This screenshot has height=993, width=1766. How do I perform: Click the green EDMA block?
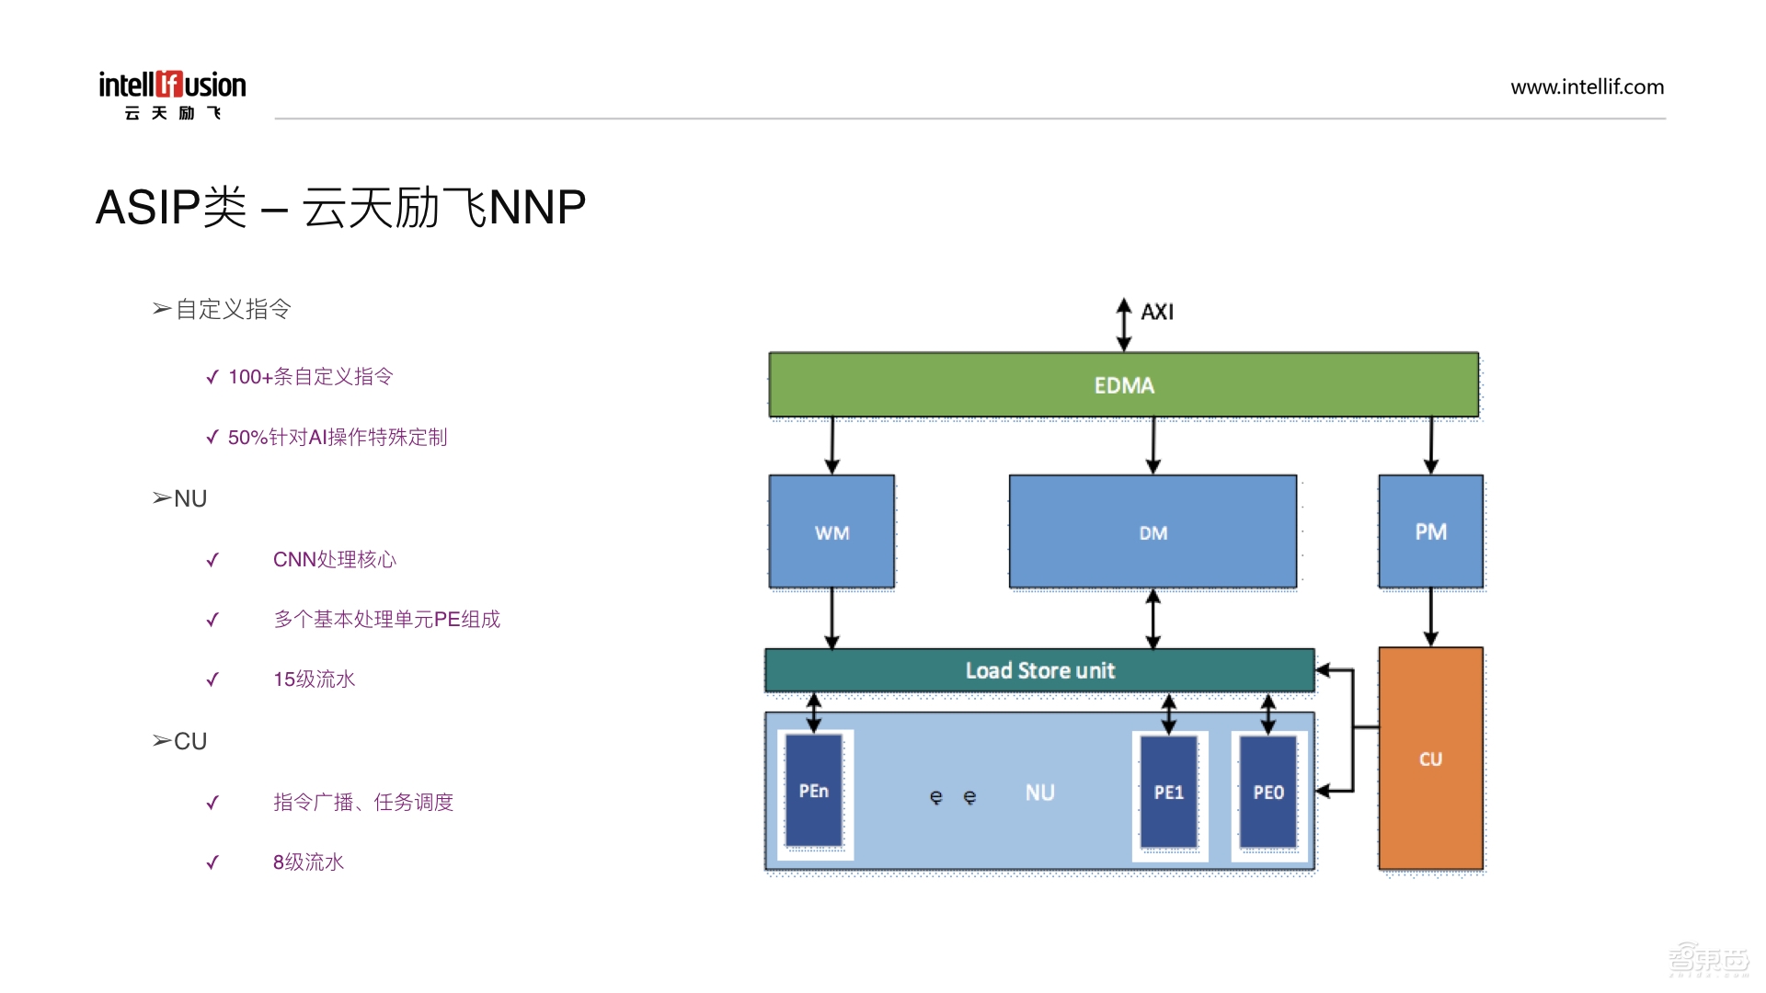click(x=1123, y=385)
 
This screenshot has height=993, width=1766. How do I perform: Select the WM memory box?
click(x=831, y=532)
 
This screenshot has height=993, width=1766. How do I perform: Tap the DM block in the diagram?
click(x=1152, y=532)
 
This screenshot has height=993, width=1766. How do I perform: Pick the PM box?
click(x=1430, y=531)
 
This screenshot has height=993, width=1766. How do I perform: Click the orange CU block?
click(x=1430, y=759)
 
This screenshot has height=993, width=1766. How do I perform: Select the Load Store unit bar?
click(x=1039, y=670)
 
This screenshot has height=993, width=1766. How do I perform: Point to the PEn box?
click(x=814, y=791)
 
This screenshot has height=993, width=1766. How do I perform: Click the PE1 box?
click(x=1169, y=792)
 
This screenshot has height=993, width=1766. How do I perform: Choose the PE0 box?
click(x=1268, y=792)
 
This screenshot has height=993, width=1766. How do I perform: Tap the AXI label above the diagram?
click(x=1157, y=312)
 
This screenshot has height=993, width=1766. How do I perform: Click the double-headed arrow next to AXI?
click(x=1123, y=324)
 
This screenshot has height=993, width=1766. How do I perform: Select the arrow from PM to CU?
click(x=1430, y=617)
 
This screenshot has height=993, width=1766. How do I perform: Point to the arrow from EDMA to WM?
click(x=831, y=446)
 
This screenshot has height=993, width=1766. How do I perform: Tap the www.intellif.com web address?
click(x=1587, y=87)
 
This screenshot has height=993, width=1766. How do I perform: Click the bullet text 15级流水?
click(x=314, y=679)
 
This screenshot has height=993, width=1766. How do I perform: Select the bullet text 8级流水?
click(x=308, y=862)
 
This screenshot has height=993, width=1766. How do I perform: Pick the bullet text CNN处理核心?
click(x=334, y=560)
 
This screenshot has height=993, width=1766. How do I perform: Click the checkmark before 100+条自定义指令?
click(x=212, y=377)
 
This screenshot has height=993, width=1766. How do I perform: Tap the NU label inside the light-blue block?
click(x=1039, y=793)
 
